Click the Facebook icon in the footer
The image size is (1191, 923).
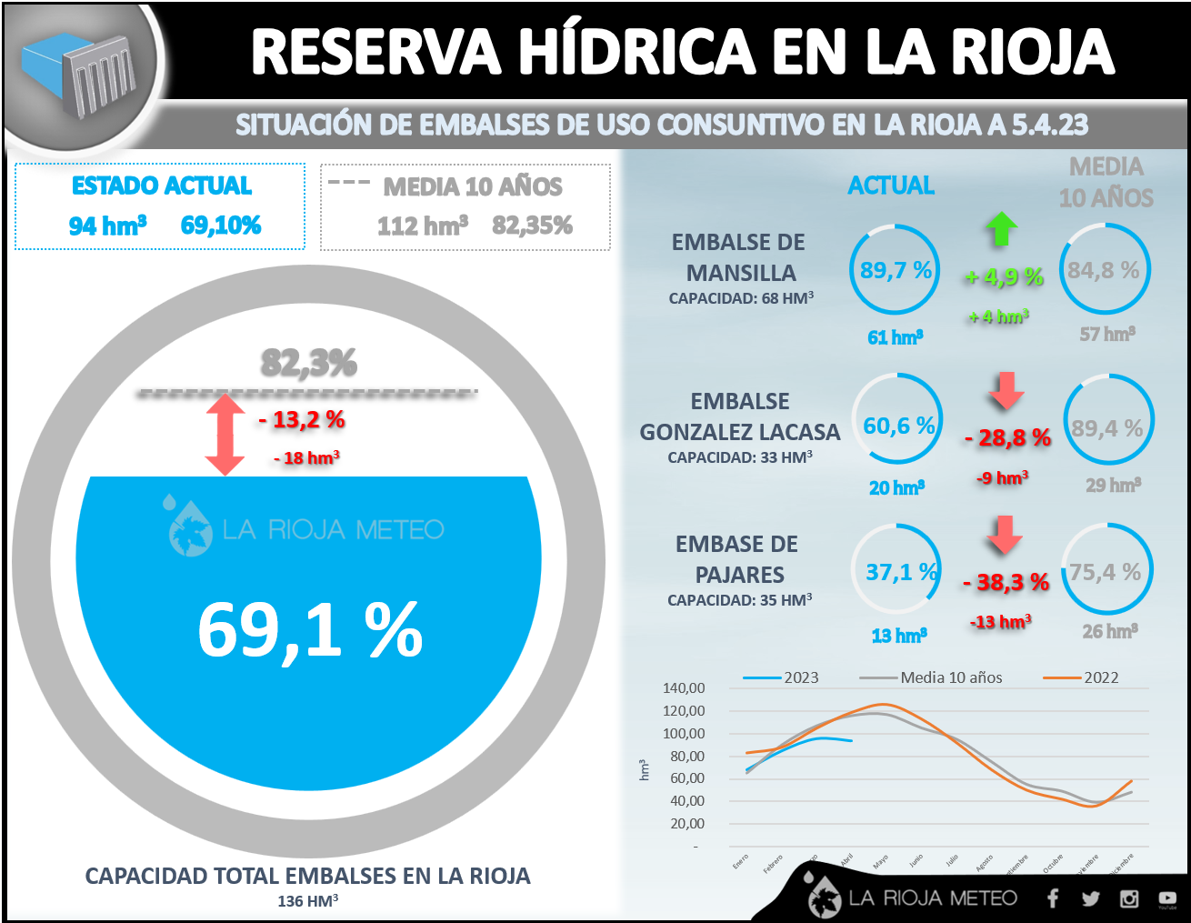tap(1053, 898)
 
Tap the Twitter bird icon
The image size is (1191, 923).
tap(1091, 898)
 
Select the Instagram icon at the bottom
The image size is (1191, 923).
tap(1129, 898)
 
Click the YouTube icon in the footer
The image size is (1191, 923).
tap(1167, 898)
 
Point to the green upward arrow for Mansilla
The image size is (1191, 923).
tap(1001, 228)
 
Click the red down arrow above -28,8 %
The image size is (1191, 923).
tap(1006, 389)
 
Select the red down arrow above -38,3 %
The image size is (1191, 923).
tap(1005, 534)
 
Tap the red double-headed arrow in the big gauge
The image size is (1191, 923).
tap(225, 434)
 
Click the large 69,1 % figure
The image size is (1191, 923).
tap(310, 630)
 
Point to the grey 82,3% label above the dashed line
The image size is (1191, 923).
tap(309, 363)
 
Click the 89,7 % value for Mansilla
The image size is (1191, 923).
tap(896, 270)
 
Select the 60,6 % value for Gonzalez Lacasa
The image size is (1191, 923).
tap(898, 426)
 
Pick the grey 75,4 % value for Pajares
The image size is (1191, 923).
tap(1105, 572)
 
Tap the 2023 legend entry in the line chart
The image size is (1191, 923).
tap(782, 677)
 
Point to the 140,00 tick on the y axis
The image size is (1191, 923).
tap(684, 688)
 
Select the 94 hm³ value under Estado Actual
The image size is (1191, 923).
tap(107, 226)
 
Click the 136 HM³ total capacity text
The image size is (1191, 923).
tap(308, 900)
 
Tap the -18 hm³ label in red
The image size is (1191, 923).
tap(306, 457)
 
